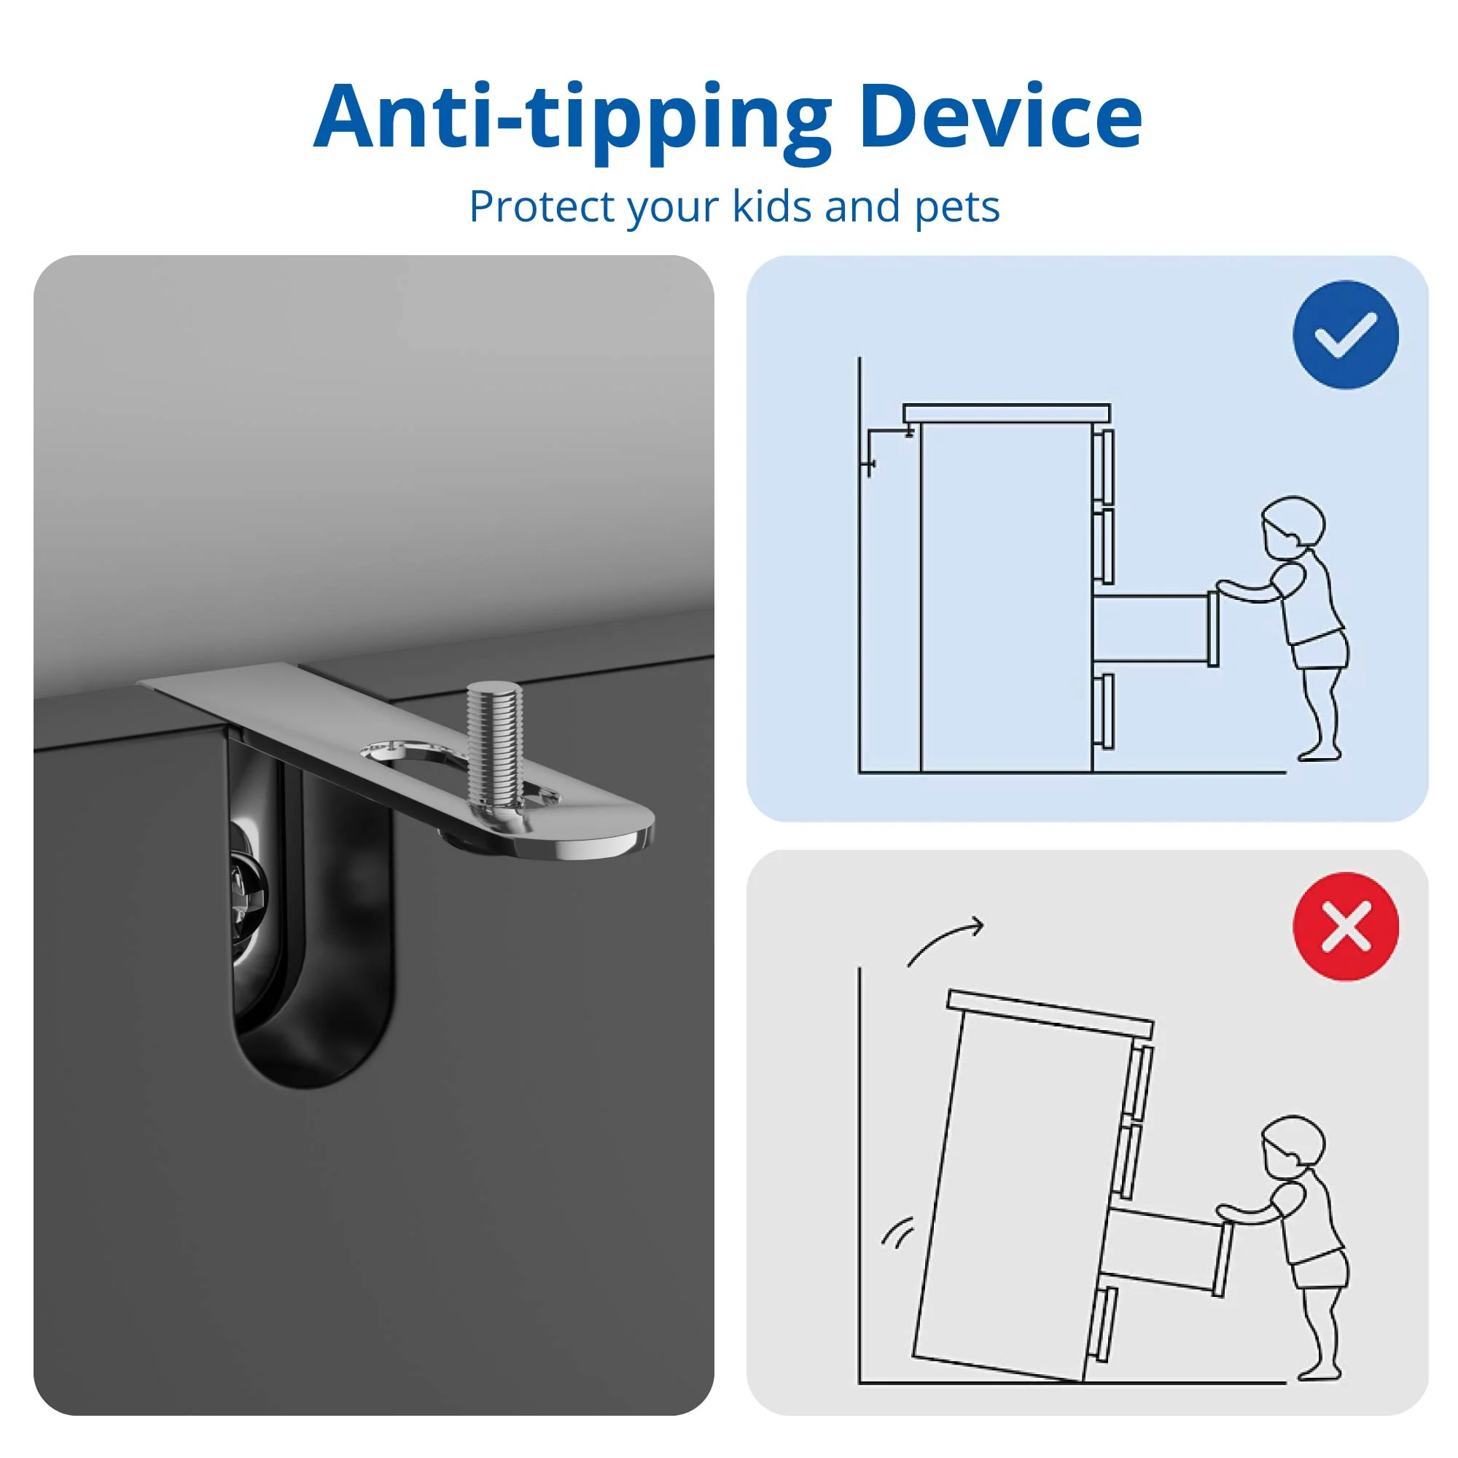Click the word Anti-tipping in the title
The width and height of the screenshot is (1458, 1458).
pos(572,122)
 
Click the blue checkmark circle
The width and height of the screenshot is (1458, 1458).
pos(1346,335)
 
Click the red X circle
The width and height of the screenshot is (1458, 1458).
pos(1346,927)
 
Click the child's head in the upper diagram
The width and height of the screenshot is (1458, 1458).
pos(1293,527)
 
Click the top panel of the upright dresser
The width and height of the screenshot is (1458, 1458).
pos(1007,413)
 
